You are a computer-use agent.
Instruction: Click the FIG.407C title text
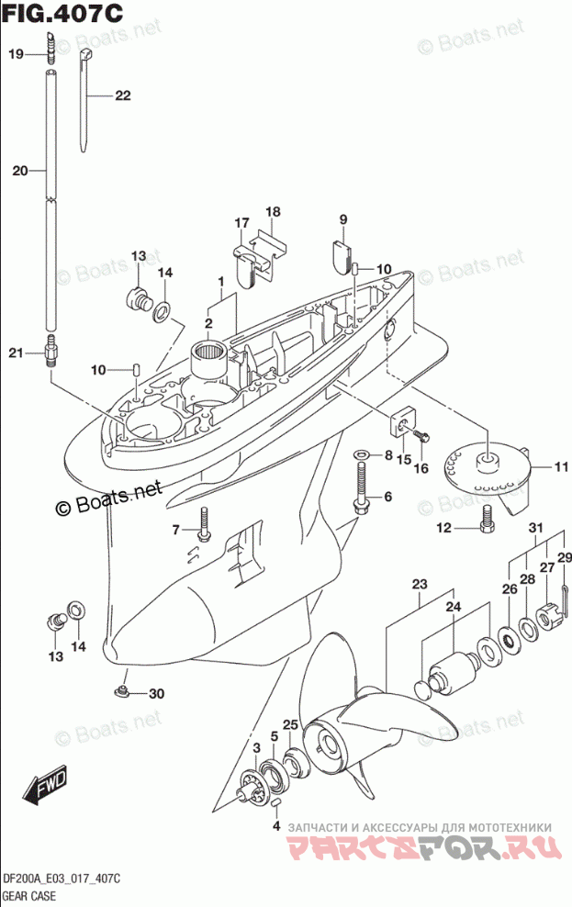coord(62,12)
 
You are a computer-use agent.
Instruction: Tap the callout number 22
coord(123,95)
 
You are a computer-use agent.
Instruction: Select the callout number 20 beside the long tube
coord(20,171)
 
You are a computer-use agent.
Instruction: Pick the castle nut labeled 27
coord(546,618)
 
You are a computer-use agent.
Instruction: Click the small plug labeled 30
coord(123,690)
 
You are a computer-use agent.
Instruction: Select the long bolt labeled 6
coord(360,488)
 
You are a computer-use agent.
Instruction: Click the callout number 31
coord(536,528)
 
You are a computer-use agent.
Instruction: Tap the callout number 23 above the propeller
coord(420,584)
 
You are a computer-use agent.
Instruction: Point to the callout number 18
coord(273,212)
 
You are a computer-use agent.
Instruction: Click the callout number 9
coord(343,219)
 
